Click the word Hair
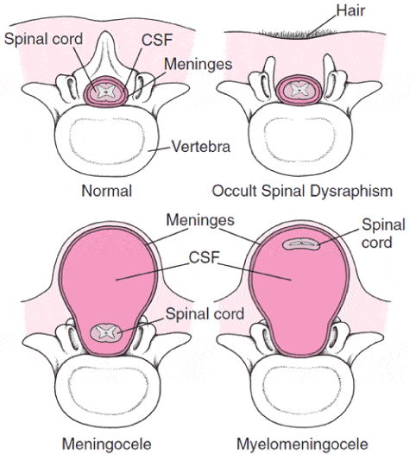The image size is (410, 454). click(350, 10)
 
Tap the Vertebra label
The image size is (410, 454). click(201, 147)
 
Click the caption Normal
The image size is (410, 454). click(106, 191)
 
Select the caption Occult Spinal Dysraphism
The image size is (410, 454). click(302, 191)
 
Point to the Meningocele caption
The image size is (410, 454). click(106, 444)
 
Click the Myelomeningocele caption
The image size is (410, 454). click(302, 444)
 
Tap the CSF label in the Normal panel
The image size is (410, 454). click(157, 40)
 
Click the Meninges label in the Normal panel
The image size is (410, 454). click(199, 64)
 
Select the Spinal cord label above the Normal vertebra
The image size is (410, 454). click(43, 39)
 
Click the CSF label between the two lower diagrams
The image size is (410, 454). click(204, 257)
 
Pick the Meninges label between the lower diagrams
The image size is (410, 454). click(200, 221)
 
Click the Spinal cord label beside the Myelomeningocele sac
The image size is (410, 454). click(383, 234)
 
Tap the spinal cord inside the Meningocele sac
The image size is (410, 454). click(105, 333)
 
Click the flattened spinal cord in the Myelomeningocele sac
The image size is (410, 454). click(301, 243)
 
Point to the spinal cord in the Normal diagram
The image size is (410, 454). click(105, 91)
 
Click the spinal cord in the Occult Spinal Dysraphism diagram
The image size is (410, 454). click(299, 91)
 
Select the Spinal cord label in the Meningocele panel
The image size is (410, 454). click(205, 314)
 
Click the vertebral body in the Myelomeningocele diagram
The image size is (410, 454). click(301, 397)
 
